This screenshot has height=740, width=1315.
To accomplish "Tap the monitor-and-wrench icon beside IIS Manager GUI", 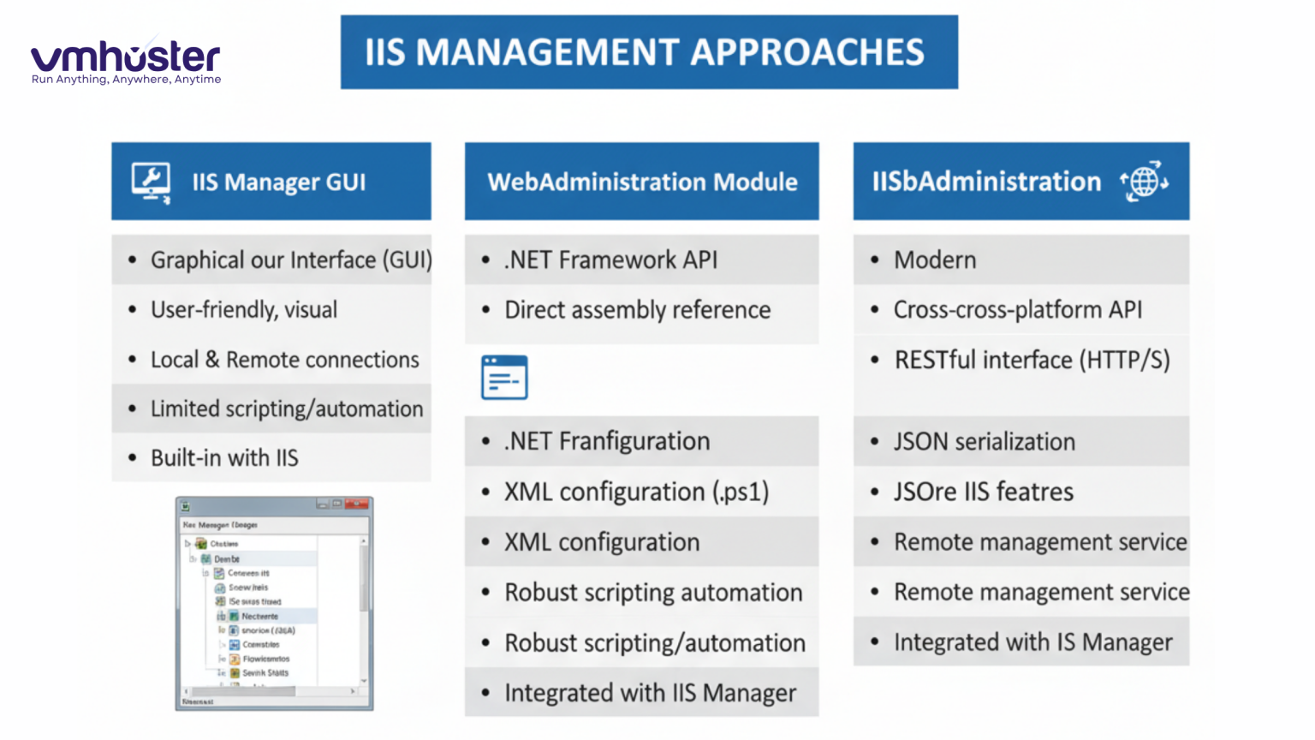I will point(151,182).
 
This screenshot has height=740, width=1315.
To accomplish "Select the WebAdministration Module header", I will point(641,182).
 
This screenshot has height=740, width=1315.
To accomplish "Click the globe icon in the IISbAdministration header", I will point(1144,182).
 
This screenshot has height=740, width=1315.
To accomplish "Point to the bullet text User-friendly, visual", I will point(243,309).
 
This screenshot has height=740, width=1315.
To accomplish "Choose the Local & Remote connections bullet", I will point(284,360).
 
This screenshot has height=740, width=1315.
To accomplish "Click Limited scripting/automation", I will point(286,409).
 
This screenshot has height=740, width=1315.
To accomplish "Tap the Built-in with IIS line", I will point(224,458).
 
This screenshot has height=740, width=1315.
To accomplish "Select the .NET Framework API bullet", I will point(610,260).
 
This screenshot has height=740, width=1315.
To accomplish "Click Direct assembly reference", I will point(637,309).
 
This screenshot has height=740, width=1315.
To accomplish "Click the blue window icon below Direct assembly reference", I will point(504,378).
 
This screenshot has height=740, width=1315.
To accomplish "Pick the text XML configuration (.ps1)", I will point(636,492).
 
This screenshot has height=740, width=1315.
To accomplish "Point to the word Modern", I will point(934,260).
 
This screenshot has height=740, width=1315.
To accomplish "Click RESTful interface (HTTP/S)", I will point(1032,360).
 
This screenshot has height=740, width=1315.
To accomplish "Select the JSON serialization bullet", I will point(984,442).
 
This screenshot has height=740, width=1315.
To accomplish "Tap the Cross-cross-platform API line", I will point(1017,309).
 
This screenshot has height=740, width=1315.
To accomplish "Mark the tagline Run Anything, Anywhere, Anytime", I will point(126,80).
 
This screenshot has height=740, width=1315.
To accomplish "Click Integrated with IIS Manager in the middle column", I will point(650,693).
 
